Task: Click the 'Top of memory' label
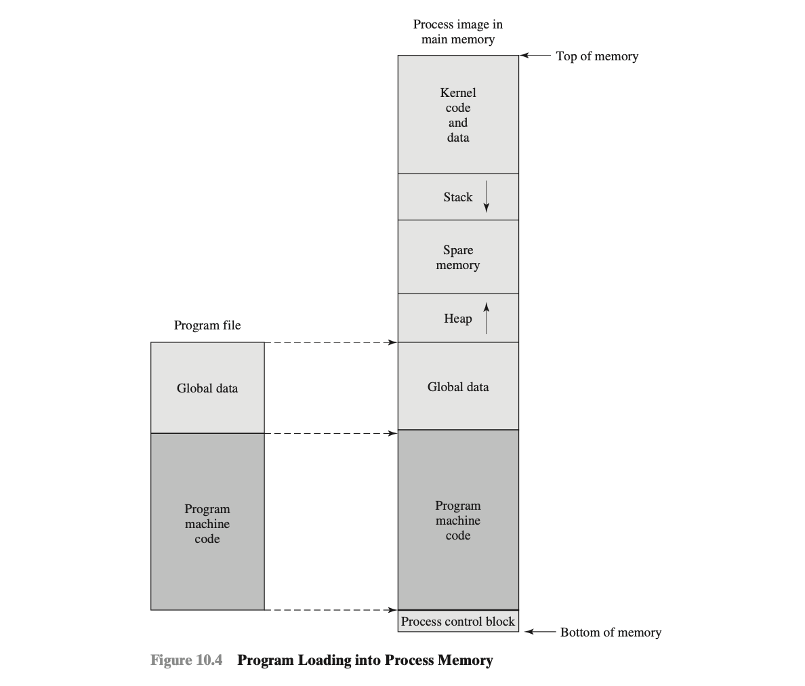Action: pyautogui.click(x=597, y=56)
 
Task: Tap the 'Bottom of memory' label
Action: pyautogui.click(x=611, y=632)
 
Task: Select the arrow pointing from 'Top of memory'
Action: pyautogui.click(x=535, y=55)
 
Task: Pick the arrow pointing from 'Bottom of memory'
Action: pyautogui.click(x=540, y=631)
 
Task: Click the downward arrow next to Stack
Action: pyautogui.click(x=486, y=196)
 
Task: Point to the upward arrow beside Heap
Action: pyautogui.click(x=486, y=319)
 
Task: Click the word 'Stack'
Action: pyautogui.click(x=458, y=197)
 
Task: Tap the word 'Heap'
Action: pyautogui.click(x=458, y=319)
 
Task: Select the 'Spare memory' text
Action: pyautogui.click(x=458, y=258)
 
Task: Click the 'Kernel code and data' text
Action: pyautogui.click(x=458, y=115)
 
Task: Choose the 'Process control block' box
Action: pyautogui.click(x=458, y=621)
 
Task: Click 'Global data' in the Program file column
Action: pyautogui.click(x=207, y=388)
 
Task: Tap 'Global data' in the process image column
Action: pyautogui.click(x=458, y=386)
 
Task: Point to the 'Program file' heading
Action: pyautogui.click(x=207, y=325)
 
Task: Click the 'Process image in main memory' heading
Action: pyautogui.click(x=458, y=32)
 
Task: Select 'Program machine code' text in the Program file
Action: pyautogui.click(x=207, y=524)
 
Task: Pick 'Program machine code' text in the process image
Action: pyautogui.click(x=458, y=521)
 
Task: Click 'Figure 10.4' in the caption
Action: pyautogui.click(x=186, y=660)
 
